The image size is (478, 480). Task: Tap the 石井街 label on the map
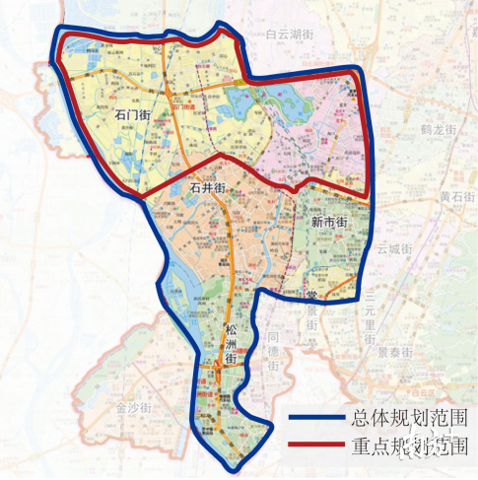click(208, 185)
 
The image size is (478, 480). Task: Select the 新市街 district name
click(329, 224)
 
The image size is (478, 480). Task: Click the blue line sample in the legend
click(317, 418)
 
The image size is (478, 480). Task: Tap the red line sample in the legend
click(317, 446)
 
